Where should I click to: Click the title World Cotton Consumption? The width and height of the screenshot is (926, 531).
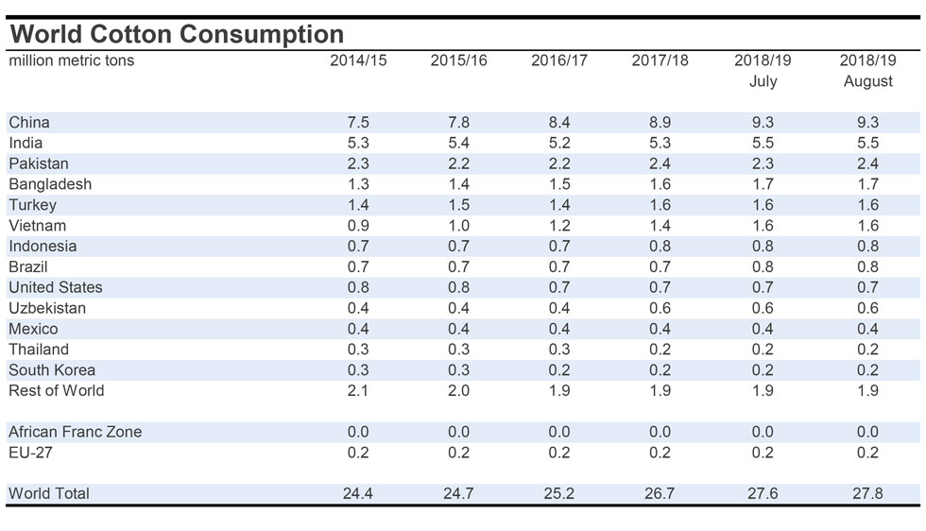coord(177,34)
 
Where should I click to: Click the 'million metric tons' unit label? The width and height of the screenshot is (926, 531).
coord(72,60)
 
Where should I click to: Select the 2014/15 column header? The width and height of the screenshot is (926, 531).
coord(358,60)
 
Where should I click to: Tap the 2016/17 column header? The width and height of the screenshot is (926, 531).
coord(559,60)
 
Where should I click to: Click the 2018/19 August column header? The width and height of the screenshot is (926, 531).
coord(867,71)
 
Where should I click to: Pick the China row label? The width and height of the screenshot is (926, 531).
coord(29,122)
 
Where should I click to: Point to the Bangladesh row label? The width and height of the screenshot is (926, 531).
coord(50,184)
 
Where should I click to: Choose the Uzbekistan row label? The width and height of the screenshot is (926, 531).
coord(47,308)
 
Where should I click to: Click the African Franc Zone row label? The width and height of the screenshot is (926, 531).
coord(76,432)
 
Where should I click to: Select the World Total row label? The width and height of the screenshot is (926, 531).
coord(49,493)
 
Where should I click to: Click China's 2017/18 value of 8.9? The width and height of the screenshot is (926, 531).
coord(660,122)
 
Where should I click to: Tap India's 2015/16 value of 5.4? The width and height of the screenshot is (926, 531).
coord(458,143)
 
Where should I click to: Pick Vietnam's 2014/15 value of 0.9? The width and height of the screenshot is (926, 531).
coord(358,226)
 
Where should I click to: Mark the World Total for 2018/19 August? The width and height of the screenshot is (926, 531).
coord(867,493)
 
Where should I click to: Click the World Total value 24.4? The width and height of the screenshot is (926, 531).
coord(358,493)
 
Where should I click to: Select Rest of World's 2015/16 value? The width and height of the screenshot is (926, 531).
coord(458,390)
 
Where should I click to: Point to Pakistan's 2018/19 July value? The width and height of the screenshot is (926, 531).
coord(763,163)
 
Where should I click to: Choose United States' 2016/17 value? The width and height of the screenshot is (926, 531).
coord(559,287)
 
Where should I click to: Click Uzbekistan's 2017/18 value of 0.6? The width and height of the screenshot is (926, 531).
coord(660,308)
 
